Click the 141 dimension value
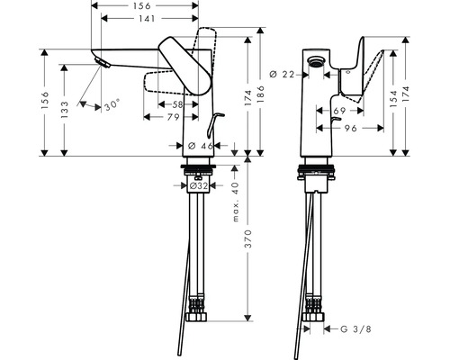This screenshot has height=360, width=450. click(147, 19)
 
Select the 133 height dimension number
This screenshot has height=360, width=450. click(64, 110)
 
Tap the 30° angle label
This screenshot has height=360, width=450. click(112, 105)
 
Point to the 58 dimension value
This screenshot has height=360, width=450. click(177, 104)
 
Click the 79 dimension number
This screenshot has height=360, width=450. click(173, 117)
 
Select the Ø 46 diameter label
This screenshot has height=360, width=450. click(201, 146)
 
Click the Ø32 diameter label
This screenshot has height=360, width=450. click(199, 186)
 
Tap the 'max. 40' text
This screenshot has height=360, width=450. click(236, 202)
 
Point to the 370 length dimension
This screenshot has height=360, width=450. click(247, 239)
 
